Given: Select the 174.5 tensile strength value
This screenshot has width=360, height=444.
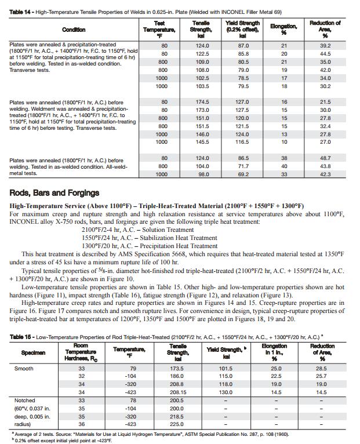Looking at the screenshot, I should [202, 101].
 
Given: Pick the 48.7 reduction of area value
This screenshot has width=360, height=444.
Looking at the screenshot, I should [325, 158].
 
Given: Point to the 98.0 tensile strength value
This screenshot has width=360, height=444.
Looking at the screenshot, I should [202, 174].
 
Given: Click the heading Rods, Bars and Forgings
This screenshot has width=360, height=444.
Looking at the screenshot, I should [54, 192].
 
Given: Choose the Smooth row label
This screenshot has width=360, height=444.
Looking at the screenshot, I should [24, 368].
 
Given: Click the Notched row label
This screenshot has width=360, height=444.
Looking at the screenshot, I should [26, 400].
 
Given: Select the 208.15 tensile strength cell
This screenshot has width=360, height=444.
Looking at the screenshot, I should [178, 392].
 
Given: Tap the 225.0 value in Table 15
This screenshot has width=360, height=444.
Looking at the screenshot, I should [178, 424].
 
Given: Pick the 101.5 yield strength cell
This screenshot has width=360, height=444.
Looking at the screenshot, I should [226, 368].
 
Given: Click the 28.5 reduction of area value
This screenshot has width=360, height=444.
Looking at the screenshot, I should [321, 368].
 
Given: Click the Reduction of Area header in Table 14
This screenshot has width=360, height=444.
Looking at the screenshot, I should [325, 30].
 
